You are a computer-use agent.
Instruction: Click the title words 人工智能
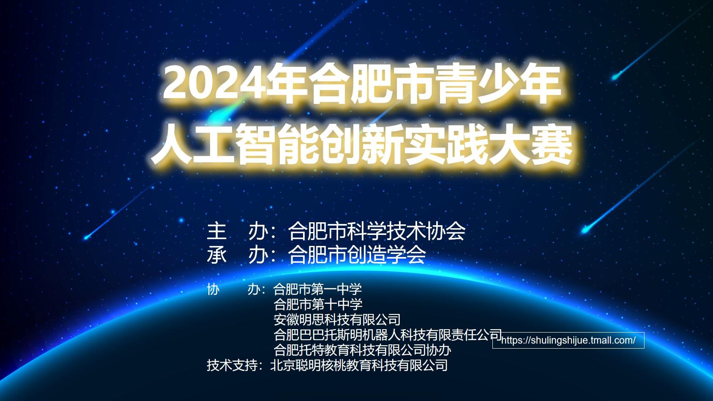(234, 144)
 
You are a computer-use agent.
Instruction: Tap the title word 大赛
(530, 144)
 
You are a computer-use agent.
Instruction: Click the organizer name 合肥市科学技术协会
(377, 231)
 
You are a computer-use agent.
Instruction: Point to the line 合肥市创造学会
(357, 254)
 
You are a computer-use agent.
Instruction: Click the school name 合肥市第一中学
(317, 289)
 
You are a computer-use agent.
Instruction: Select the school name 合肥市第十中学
(318, 304)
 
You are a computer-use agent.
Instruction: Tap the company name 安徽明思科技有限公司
(337, 319)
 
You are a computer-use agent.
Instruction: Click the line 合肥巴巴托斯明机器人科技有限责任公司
(388, 335)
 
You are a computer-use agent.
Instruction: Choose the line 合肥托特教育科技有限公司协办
(362, 350)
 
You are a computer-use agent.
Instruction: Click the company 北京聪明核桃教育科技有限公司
(359, 365)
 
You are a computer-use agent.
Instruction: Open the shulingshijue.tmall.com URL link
(568, 340)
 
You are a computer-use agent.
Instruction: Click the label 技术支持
(232, 365)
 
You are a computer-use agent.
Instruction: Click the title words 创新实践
(403, 144)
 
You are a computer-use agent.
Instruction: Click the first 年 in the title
(287, 84)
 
